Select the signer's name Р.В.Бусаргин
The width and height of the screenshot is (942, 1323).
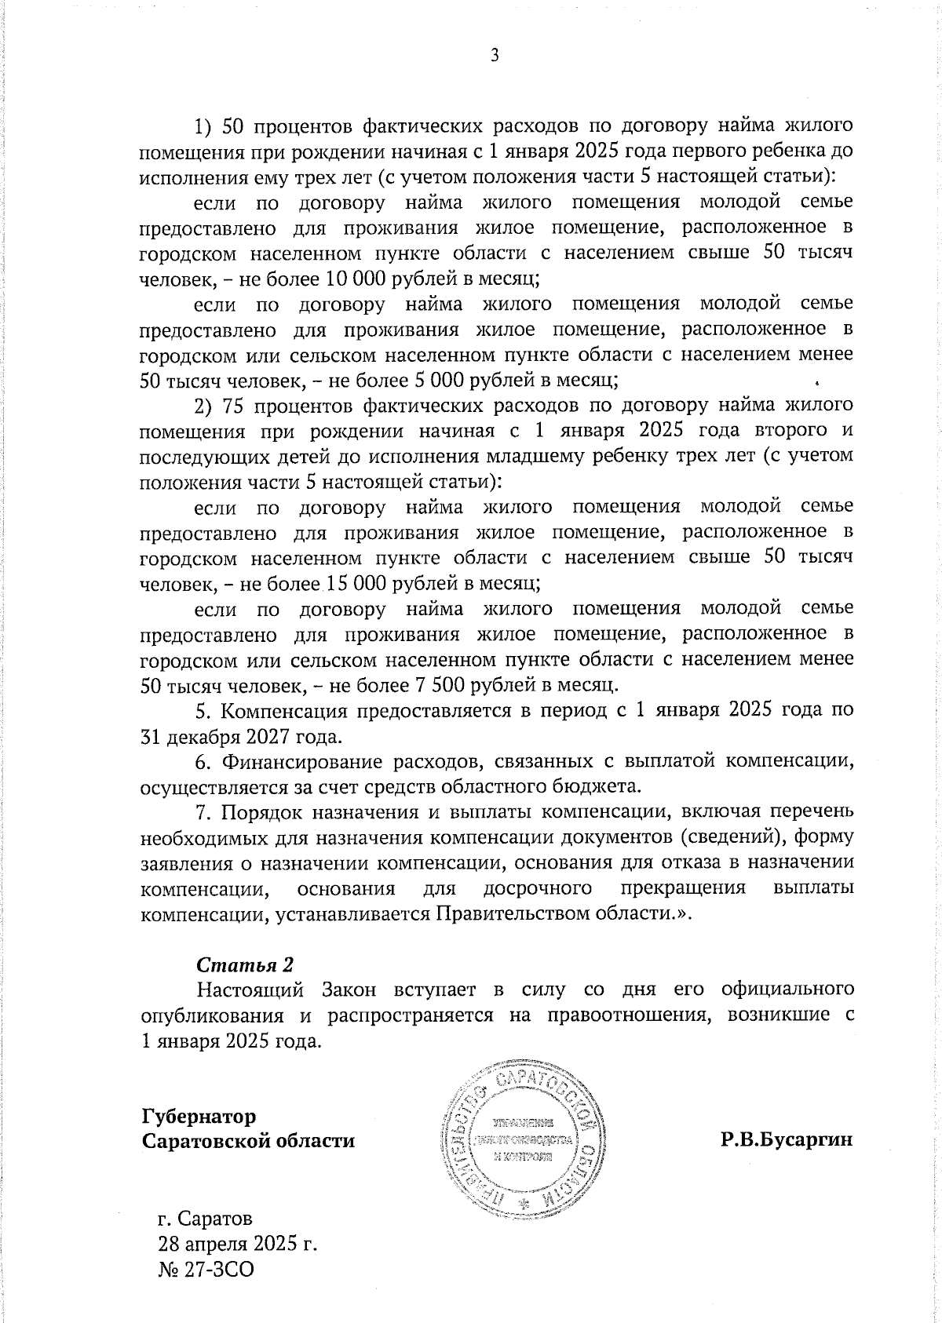click(x=787, y=1140)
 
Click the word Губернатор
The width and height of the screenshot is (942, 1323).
click(x=199, y=1116)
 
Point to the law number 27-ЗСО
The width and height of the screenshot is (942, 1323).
click(x=206, y=1269)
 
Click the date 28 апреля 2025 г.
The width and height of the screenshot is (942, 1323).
click(x=238, y=1244)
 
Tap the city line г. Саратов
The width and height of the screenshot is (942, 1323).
click(x=205, y=1219)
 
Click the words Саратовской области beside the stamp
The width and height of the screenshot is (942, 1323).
click(x=248, y=1140)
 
